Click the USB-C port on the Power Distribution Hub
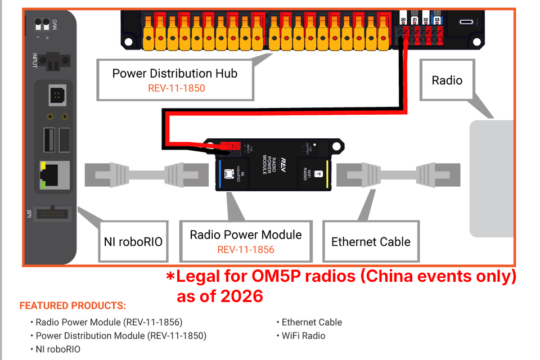pyautogui.click(x=466, y=22)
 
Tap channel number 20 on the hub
pyautogui.click(x=403, y=20)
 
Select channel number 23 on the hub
pyautogui.click(x=438, y=20)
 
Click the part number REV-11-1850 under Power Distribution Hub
pyautogui.click(x=176, y=88)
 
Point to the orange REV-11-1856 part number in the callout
pyautogui.click(x=246, y=250)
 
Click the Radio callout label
pyautogui.click(x=447, y=80)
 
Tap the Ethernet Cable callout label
pyautogui.click(x=371, y=242)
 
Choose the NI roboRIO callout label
pyautogui.click(x=133, y=242)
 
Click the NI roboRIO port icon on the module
pyautogui.click(x=229, y=174)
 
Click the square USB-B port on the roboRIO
pyautogui.click(x=57, y=97)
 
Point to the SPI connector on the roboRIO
pyautogui.click(x=55, y=214)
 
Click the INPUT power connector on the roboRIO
pyautogui.click(x=55, y=58)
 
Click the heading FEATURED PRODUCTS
pyautogui.click(x=73, y=306)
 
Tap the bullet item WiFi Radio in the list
pyautogui.click(x=303, y=336)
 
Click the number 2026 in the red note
pyautogui.click(x=241, y=296)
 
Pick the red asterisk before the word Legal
pyautogui.click(x=170, y=277)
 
